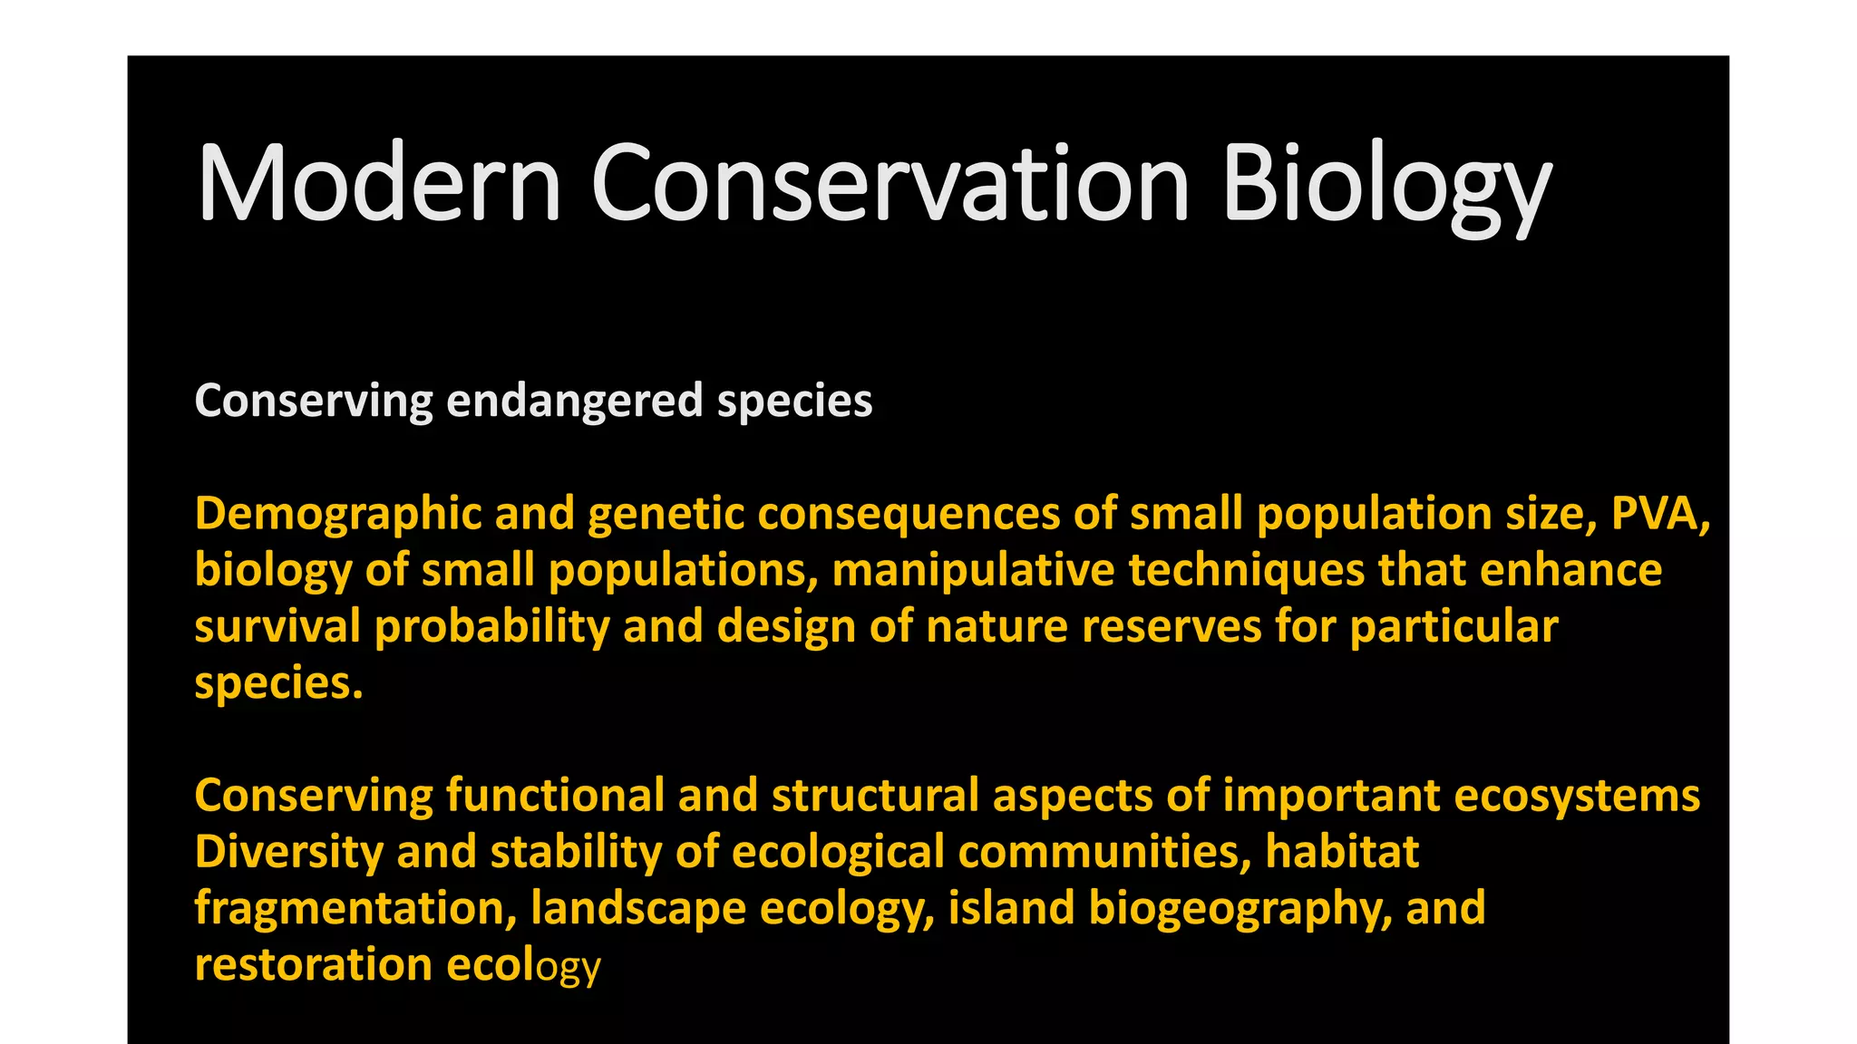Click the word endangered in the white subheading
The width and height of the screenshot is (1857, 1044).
point(575,401)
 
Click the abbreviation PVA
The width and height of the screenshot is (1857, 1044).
point(1659,514)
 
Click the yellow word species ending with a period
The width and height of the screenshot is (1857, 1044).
point(278,682)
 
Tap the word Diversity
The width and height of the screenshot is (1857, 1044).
point(289,852)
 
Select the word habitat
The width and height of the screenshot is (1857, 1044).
point(1342,852)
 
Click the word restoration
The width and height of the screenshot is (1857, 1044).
point(313,964)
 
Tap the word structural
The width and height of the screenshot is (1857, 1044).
point(875,795)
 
